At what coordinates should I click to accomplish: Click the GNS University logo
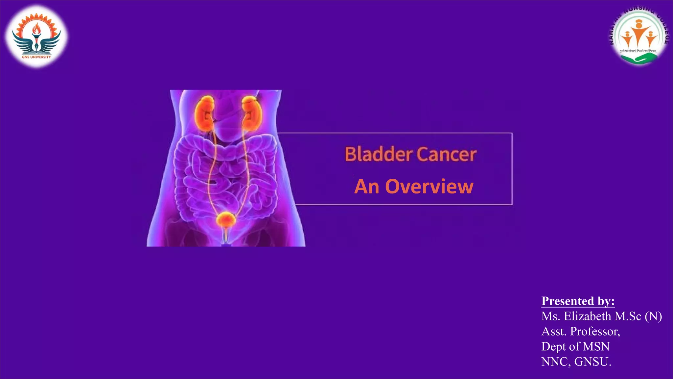point(36,36)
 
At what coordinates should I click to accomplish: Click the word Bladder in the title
point(379,154)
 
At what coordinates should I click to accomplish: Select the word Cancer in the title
point(447,154)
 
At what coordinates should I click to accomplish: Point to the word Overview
point(429,187)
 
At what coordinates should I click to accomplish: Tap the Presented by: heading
point(578,301)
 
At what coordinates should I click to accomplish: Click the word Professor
point(595,331)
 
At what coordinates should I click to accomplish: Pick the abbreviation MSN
point(596,346)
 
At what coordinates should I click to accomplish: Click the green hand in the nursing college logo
point(639,59)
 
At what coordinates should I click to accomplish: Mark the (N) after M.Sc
point(653,316)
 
